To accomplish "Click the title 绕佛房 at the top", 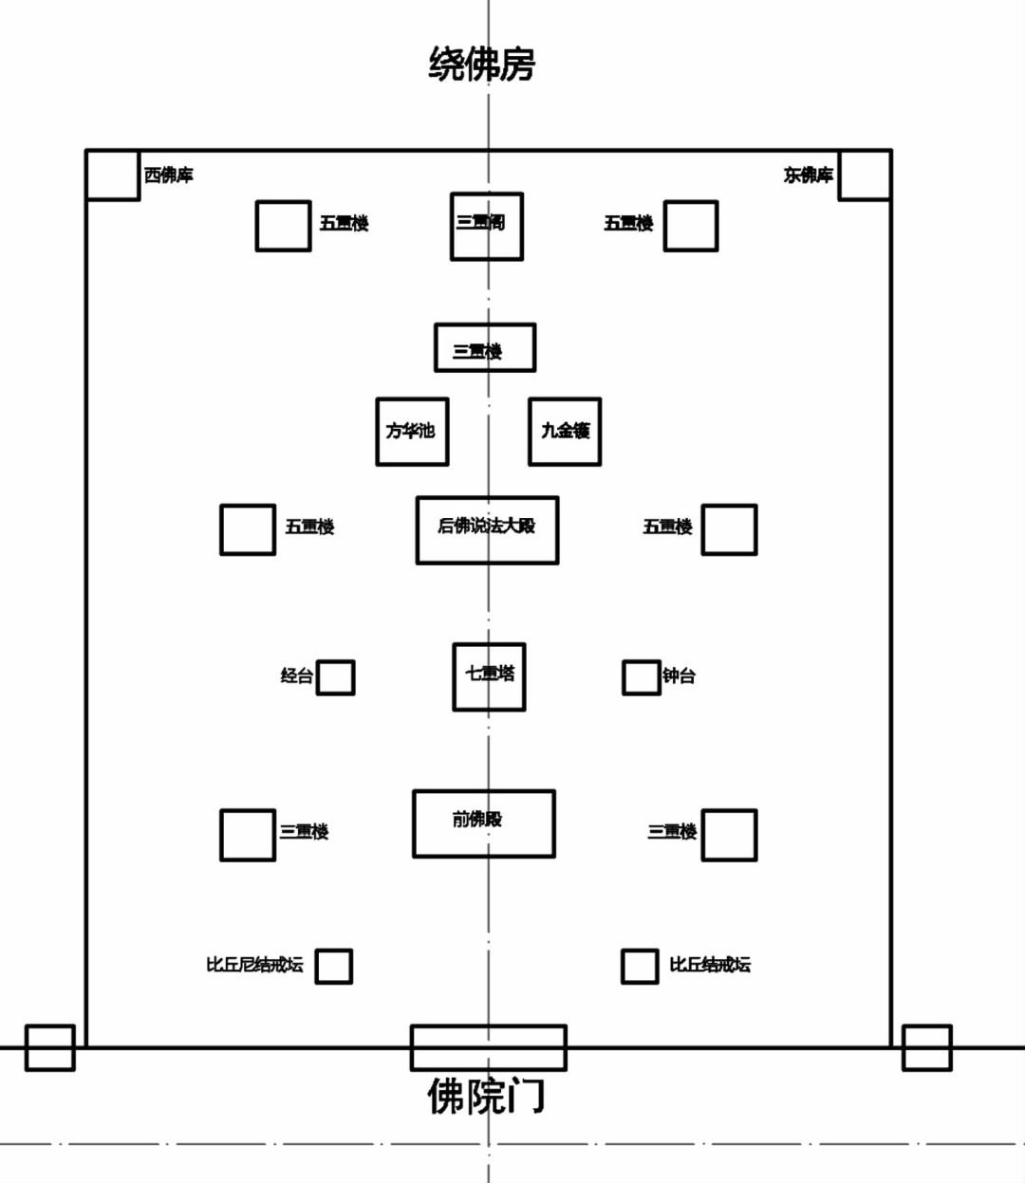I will (x=481, y=65).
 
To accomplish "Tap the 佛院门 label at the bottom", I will (x=486, y=1096).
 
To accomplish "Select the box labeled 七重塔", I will (x=489, y=676).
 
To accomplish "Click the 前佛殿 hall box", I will (x=484, y=823).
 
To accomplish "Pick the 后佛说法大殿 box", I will (x=487, y=529).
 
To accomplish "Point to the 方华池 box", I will (x=412, y=432).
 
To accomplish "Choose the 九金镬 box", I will (x=565, y=432).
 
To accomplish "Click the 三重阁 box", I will (x=486, y=226).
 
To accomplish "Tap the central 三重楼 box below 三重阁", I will (x=485, y=348).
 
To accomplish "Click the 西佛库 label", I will (x=169, y=176).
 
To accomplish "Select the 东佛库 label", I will (x=808, y=176).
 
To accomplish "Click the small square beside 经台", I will (x=335, y=677).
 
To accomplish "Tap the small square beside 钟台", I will (x=641, y=677).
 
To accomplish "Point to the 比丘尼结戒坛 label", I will (x=254, y=965).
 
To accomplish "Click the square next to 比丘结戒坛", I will (x=639, y=966).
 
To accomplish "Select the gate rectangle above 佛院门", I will (x=488, y=1047).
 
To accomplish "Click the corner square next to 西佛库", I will (x=113, y=175).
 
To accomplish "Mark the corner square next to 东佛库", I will (x=865, y=175).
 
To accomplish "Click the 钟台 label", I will (x=679, y=676).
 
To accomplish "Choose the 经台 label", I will (x=296, y=676).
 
